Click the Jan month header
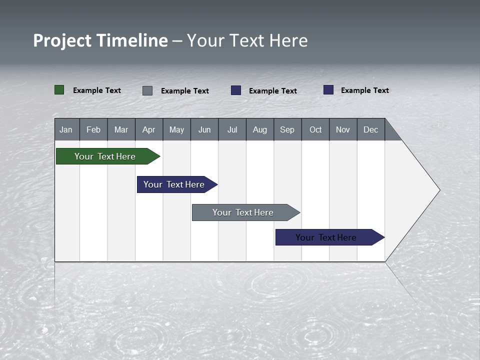66,129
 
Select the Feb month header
93,129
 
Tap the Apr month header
149,129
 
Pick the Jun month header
204,129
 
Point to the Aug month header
260,129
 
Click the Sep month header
287,129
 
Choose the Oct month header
315,129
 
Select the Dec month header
371,129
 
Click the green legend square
59,90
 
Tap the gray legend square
147,90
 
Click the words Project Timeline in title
100,40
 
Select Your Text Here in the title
247,40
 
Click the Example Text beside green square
97,90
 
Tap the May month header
176,129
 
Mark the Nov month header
343,129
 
